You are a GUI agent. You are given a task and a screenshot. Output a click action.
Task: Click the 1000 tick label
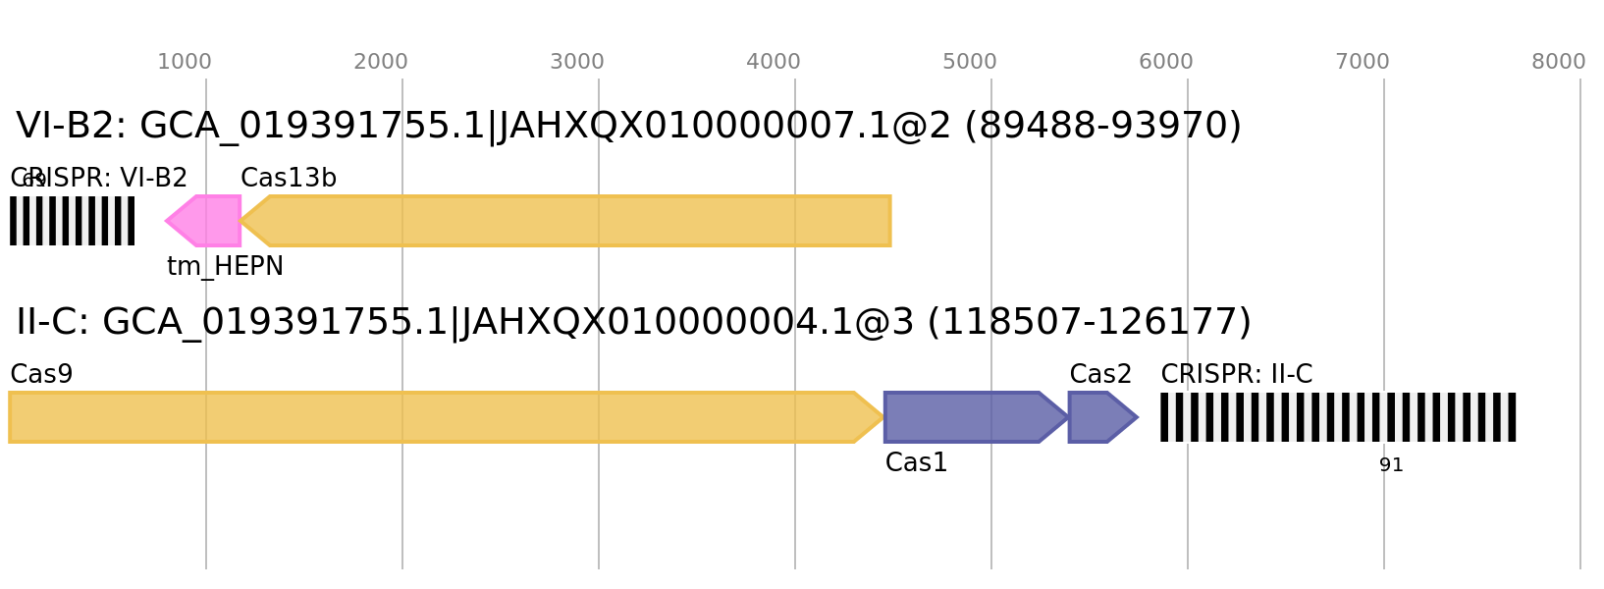pos(184,62)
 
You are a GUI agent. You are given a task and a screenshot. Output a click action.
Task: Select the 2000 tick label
pos(380,62)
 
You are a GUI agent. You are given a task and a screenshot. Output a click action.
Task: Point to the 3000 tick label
pos(576,62)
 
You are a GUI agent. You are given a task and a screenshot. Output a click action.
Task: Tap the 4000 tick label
pos(773,62)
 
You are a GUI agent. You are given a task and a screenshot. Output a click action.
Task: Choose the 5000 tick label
pos(969,62)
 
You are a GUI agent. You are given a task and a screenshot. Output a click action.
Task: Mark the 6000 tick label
pos(1165,62)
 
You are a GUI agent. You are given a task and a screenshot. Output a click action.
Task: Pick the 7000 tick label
pos(1362,62)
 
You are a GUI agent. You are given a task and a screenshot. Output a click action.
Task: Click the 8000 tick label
pos(1558,62)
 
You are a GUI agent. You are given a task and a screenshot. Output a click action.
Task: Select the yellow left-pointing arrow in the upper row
pos(579,221)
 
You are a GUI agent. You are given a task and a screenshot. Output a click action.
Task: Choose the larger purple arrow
pos(967,417)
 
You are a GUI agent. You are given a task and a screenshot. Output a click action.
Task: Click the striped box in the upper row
pos(72,221)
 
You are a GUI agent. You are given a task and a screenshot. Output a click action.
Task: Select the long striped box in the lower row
pos(1338,417)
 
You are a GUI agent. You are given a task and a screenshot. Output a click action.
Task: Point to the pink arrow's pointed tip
pos(165,221)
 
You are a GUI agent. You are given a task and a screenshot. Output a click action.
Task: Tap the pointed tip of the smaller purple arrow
pos(1139,417)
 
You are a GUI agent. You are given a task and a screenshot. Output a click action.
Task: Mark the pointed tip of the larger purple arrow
pos(1067,417)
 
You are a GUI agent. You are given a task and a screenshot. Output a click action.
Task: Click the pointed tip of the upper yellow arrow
pos(241,221)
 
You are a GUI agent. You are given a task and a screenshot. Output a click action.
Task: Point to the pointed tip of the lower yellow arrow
pos(882,417)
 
